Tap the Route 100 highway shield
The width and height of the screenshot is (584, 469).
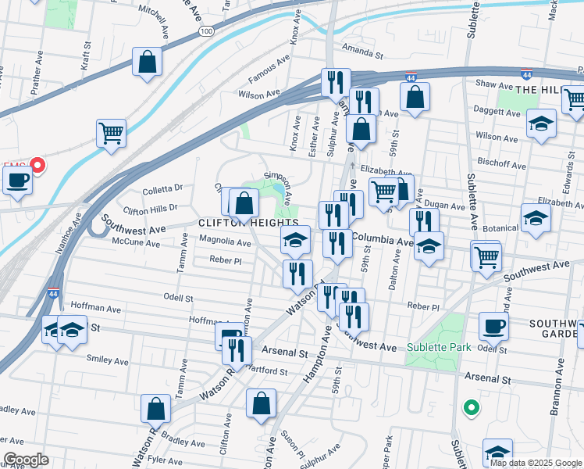coord(206,30)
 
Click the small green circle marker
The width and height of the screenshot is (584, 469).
coord(470,406)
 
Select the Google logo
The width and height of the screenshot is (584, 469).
coord(26,460)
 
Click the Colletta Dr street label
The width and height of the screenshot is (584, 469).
coord(162,188)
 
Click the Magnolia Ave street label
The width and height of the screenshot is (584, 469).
coord(226,243)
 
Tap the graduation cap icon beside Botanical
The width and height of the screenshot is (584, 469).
coord(536,217)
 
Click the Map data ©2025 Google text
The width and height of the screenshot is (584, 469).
coord(535,463)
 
